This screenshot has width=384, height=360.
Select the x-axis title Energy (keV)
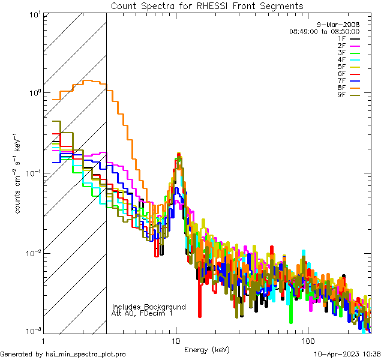[208, 349]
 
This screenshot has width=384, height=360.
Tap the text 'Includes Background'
[149, 307]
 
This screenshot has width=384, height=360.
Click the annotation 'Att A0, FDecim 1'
[142, 313]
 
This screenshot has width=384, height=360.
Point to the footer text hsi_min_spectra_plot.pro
[85, 355]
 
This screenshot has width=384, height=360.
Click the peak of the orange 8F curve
[89, 80]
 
